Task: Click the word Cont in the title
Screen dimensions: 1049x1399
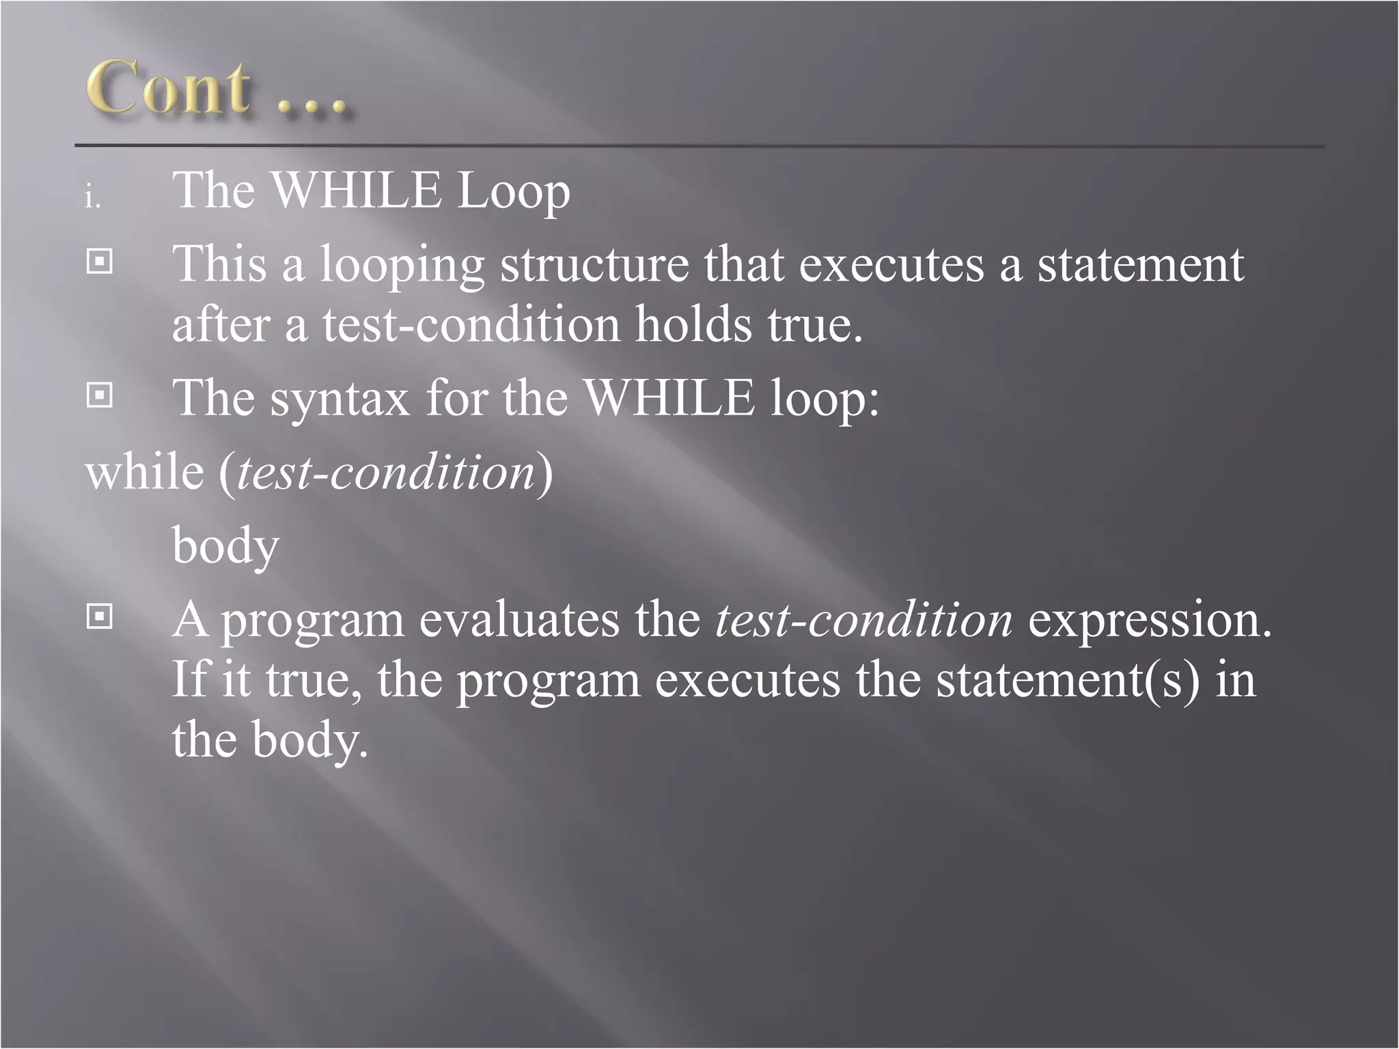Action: (x=167, y=89)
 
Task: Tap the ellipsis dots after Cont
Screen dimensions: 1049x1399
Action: (x=314, y=106)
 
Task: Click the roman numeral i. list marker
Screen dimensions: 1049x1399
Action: (x=92, y=198)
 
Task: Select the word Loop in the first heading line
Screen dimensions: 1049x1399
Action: (x=512, y=193)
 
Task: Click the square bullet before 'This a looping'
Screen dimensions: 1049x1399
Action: (x=100, y=261)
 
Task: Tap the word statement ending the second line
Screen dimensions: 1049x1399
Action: (x=1141, y=265)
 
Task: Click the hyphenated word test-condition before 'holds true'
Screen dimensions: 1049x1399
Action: (x=471, y=325)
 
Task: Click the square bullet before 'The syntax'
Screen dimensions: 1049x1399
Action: (x=100, y=395)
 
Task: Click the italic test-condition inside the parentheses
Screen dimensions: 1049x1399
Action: (x=385, y=473)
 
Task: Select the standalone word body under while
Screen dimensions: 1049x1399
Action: (x=225, y=546)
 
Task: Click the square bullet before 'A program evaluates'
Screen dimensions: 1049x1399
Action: (x=100, y=617)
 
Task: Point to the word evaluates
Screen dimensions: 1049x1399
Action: (x=519, y=620)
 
